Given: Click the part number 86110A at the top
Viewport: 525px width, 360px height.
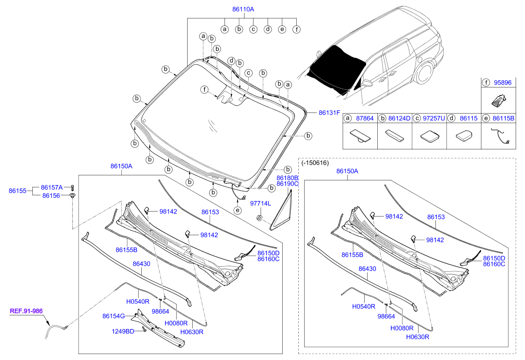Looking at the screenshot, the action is tap(243, 9).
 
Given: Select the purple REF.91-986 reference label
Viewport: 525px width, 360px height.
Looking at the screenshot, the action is tap(26, 311).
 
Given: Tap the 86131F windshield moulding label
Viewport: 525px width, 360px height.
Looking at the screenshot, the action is tap(329, 113).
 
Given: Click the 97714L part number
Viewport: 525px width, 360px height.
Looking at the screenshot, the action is tap(261, 203).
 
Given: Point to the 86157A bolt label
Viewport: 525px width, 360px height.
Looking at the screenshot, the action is tap(52, 188).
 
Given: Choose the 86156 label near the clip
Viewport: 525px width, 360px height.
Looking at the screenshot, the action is tap(51, 195).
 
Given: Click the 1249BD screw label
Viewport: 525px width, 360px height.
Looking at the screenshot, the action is tap(123, 332).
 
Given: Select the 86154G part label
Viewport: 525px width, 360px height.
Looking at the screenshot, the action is tap(113, 316).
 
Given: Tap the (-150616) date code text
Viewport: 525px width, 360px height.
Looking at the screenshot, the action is tap(315, 163).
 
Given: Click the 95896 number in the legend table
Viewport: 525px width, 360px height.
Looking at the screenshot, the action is tap(503, 83).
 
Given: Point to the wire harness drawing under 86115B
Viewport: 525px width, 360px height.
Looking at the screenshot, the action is tap(500, 136).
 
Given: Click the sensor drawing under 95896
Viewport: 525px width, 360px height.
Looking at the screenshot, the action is tap(499, 101).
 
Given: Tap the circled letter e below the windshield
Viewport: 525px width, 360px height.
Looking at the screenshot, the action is tap(238, 210).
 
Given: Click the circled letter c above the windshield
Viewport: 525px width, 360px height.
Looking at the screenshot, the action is tap(248, 73).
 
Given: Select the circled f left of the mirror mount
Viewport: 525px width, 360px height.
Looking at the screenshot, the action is tap(205, 90).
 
